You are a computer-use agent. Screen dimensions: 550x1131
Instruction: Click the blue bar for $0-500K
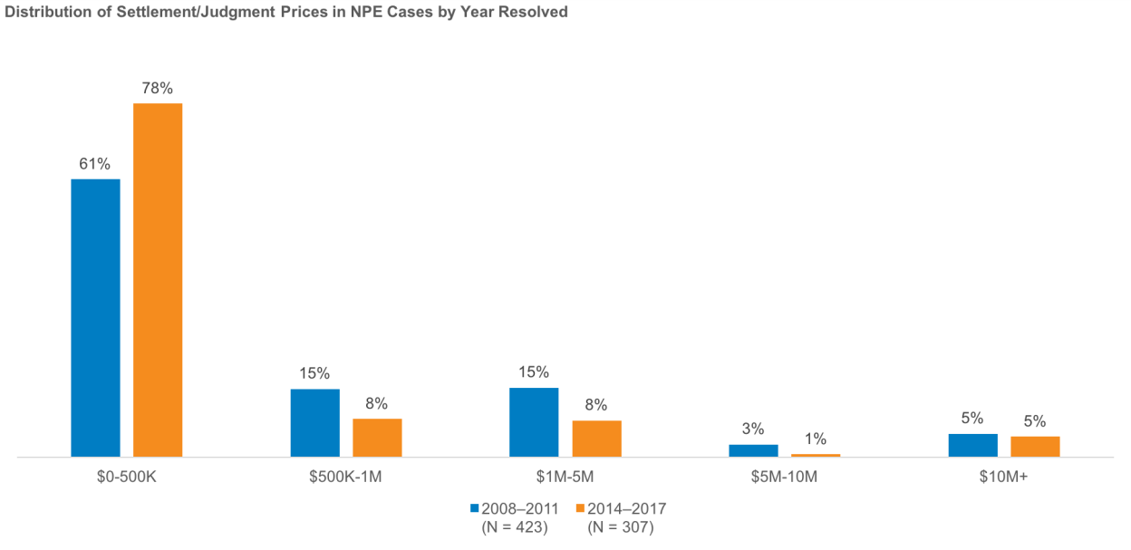[x=95, y=317]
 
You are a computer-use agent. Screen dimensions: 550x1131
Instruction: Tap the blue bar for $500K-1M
[x=314, y=422]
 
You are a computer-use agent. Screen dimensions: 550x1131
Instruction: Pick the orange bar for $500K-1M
[x=377, y=438]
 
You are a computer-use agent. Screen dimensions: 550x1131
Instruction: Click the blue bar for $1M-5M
[x=534, y=421]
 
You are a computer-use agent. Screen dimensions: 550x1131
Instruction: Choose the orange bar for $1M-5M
[x=596, y=439]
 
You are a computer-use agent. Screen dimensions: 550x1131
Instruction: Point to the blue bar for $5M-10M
[x=753, y=450]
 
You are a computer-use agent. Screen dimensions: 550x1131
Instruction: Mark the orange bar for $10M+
[x=1035, y=447]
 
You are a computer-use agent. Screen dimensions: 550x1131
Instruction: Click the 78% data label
[x=157, y=88]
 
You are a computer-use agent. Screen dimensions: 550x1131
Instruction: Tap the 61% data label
[x=94, y=164]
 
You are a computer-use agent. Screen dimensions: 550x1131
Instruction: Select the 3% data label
[x=753, y=429]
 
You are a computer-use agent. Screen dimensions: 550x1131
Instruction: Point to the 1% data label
[x=816, y=439]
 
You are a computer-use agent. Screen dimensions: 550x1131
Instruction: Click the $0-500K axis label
[x=127, y=477]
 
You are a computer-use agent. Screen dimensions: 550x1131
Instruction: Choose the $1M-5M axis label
[x=565, y=477]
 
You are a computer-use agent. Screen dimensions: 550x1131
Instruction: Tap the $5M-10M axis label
[x=784, y=477]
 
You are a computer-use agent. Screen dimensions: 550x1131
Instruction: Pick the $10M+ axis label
[x=1003, y=477]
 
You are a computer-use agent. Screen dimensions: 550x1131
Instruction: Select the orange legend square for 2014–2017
[x=580, y=508]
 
